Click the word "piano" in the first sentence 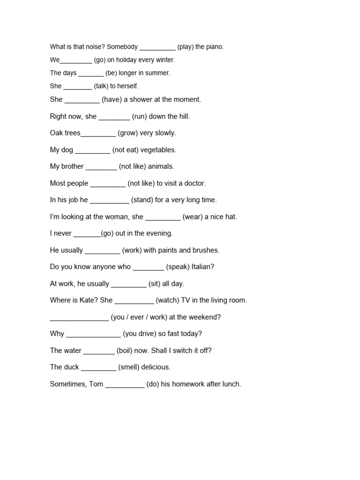[x=214, y=47]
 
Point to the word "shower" [x=143, y=99]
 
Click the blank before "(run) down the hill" [x=114, y=117]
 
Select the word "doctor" [x=194, y=183]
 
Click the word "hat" [x=230, y=217]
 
